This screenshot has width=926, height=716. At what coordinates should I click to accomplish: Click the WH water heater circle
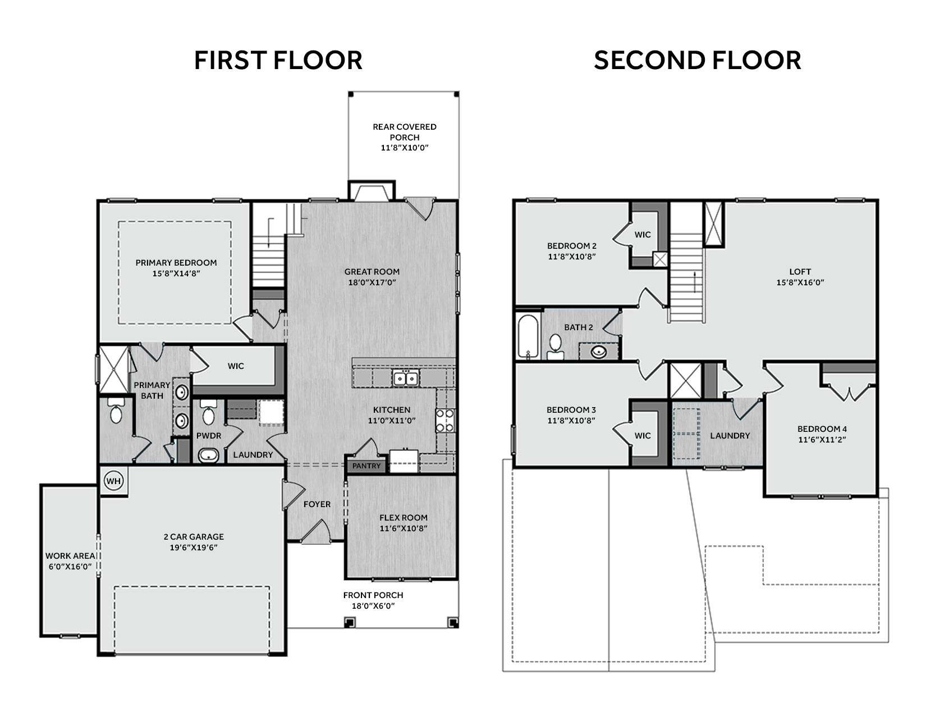[x=113, y=481]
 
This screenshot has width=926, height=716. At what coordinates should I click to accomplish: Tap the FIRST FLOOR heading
[x=278, y=60]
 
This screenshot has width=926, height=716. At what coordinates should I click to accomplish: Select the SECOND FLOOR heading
[x=697, y=60]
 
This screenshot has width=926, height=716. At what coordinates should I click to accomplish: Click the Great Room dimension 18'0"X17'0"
[x=372, y=282]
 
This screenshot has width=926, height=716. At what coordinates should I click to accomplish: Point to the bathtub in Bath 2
[x=529, y=336]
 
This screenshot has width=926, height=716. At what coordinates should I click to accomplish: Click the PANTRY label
[x=366, y=466]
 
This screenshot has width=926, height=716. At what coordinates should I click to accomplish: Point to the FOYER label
[x=317, y=504]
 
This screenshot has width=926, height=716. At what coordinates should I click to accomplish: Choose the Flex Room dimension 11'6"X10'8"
[x=403, y=528]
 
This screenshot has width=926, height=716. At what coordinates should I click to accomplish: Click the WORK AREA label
[x=70, y=555]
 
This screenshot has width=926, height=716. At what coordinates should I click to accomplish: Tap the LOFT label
[x=800, y=272]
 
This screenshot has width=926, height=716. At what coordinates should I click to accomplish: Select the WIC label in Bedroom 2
[x=643, y=235]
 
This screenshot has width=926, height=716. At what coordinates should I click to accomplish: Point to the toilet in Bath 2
[x=555, y=346]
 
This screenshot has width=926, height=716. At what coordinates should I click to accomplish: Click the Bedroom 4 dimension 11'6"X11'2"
[x=822, y=439]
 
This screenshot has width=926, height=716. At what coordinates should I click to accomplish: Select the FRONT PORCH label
[x=373, y=595]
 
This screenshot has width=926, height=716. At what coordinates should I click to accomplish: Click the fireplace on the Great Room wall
[x=372, y=190]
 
